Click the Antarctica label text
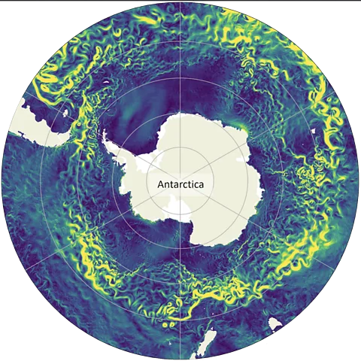(x=181, y=183)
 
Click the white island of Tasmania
(x=275, y=323)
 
